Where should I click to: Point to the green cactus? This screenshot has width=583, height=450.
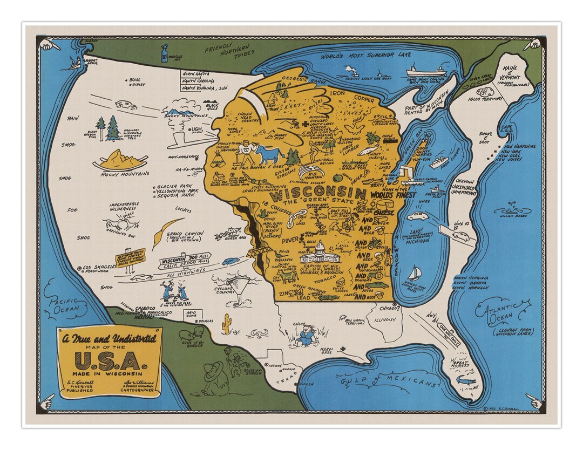(227, 322)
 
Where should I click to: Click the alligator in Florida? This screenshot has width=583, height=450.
(465, 381)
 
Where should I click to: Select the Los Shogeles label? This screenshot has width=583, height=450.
(99, 267)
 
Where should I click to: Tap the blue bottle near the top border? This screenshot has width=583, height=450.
(164, 53)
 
